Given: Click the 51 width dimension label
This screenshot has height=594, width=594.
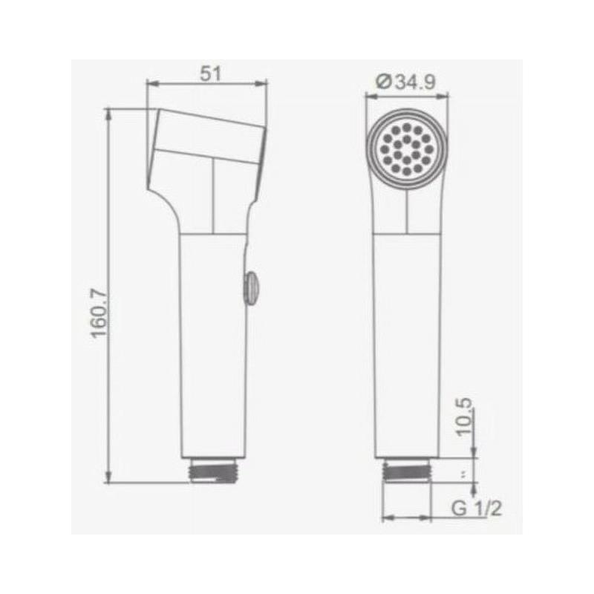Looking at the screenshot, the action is tap(210, 73).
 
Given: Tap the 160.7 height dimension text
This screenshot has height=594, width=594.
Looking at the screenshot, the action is tap(99, 313).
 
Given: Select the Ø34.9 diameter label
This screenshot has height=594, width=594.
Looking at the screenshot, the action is tap(406, 82).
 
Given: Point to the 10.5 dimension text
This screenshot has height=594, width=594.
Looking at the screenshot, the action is tap(464, 417).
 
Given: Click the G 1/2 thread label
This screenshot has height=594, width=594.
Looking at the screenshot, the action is tap(476, 508).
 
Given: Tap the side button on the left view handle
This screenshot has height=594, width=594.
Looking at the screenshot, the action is tap(250, 287).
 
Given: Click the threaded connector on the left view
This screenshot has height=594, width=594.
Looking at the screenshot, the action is tap(215, 470).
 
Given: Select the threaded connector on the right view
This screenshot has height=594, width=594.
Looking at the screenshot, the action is tap(407, 470).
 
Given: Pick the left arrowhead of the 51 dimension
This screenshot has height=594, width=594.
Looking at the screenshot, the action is tap(151, 84).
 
